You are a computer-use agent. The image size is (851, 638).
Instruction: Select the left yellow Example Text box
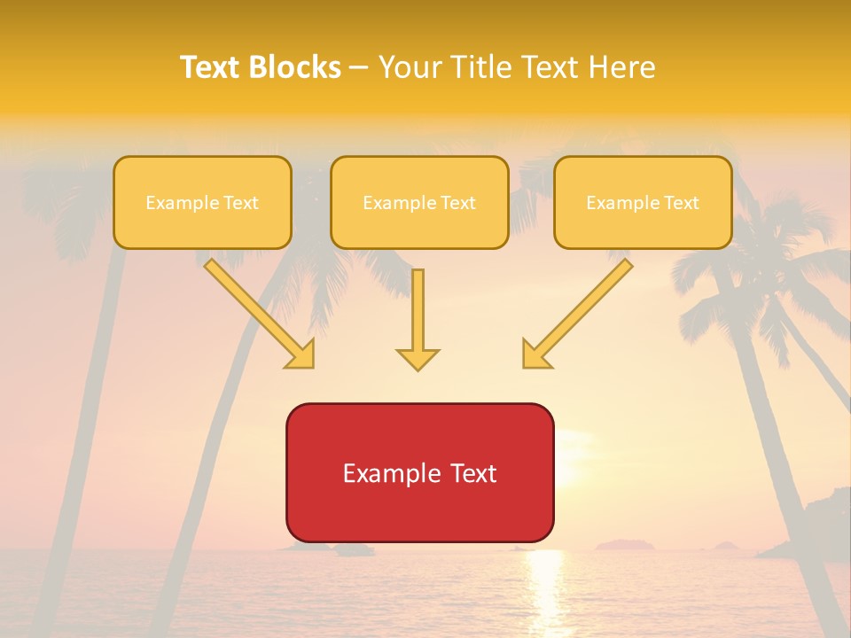(202, 202)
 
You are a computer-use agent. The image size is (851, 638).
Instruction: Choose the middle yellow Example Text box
(419, 202)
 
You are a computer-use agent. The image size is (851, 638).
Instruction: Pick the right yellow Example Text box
(643, 202)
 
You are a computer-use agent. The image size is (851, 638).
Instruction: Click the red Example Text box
(419, 472)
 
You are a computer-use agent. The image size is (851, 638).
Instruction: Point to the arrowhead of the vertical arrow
(418, 359)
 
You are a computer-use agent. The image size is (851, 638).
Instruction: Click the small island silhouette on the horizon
(624, 544)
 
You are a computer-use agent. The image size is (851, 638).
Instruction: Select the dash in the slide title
(359, 67)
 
